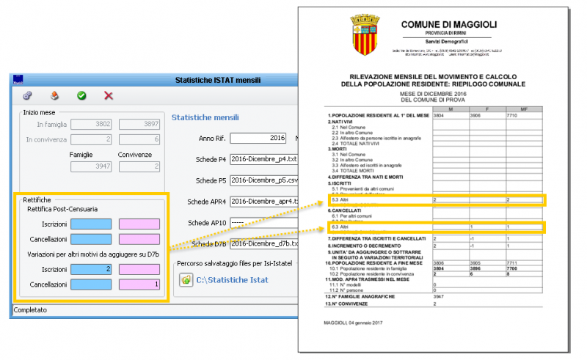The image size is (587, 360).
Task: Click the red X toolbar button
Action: coord(109,95)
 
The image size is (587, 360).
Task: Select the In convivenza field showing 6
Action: coord(139,139)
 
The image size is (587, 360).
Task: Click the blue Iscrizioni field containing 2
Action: coord(91,269)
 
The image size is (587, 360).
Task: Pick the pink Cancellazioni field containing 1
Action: coord(139,284)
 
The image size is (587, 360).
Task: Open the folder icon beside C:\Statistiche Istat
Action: coord(186,279)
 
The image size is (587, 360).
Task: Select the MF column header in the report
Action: coord(524,109)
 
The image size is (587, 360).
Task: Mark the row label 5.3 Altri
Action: coord(340,199)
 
